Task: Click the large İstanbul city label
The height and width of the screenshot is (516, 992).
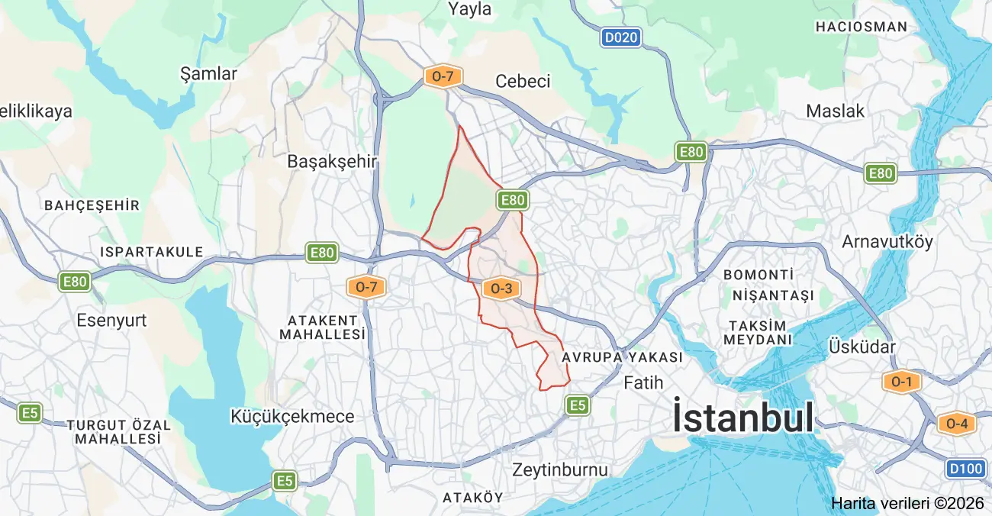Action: coord(742,418)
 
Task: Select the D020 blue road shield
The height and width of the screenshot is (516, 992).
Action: coord(620,37)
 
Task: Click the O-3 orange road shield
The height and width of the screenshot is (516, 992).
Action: coord(501,288)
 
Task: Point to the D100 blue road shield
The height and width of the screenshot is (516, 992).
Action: coord(966,468)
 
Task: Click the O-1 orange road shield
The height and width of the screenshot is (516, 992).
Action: coord(902,382)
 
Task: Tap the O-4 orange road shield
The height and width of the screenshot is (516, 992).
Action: coord(957,423)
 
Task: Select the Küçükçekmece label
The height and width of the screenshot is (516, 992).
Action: coord(292,417)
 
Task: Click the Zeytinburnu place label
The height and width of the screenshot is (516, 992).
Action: coord(560,469)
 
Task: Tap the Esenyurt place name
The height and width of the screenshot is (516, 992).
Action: coord(111,321)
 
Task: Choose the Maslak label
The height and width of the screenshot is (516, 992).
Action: coord(836,111)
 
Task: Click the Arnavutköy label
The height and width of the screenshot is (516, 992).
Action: coord(887,242)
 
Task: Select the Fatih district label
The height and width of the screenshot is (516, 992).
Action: coord(643,382)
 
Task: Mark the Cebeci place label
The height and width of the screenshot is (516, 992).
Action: coord(523,82)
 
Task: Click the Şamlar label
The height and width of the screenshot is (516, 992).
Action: coord(208,74)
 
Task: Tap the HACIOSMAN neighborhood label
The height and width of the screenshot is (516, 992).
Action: coord(862,27)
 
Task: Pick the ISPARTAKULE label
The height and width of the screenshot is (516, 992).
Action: coord(152,252)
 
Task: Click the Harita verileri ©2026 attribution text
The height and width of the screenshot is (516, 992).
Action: coord(907,503)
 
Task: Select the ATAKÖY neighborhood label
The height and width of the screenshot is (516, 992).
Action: coord(472,498)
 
